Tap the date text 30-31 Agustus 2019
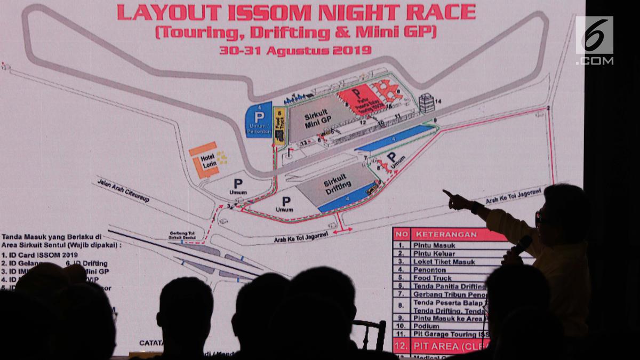pos(295,51)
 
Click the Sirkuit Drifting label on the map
pos(338,183)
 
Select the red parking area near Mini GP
pos(362,98)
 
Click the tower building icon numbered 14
pos(426,102)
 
